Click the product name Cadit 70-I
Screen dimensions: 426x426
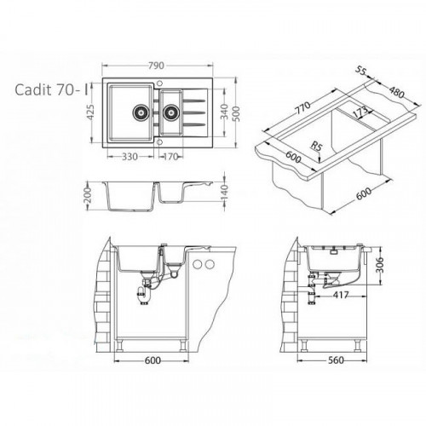click(x=51, y=89)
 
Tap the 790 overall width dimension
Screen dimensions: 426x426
click(x=156, y=66)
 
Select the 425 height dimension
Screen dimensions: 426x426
click(x=89, y=112)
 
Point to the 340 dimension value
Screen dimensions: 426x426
click(x=224, y=112)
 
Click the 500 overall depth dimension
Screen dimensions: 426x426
click(x=236, y=113)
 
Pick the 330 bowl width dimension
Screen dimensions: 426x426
click(x=130, y=157)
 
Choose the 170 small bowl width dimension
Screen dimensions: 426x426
click(x=170, y=157)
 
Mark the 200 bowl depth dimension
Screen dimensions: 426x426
click(x=88, y=195)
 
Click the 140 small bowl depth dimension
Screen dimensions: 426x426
click(x=224, y=193)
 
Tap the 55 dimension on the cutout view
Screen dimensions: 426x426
click(x=360, y=71)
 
